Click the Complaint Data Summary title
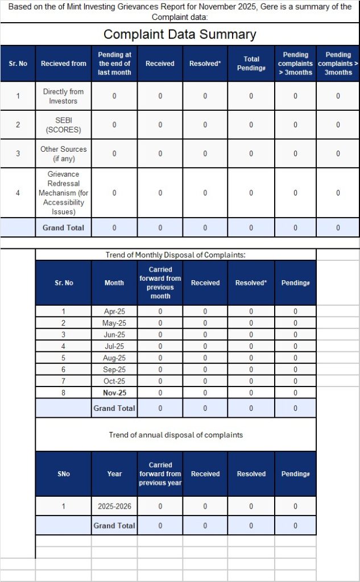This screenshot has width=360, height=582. (180, 34)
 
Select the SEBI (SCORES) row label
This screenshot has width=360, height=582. (64, 124)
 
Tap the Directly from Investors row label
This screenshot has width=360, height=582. (64, 96)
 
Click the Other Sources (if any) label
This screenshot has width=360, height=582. (64, 153)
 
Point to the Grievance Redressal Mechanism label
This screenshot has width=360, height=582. (64, 193)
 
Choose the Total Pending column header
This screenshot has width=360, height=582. (251, 63)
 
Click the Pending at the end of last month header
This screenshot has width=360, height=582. (114, 63)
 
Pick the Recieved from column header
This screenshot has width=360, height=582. (64, 63)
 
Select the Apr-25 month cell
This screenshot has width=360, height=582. (114, 311)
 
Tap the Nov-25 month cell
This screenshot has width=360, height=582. (114, 393)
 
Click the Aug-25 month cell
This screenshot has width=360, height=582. (114, 358)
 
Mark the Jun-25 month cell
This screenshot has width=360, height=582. (114, 335)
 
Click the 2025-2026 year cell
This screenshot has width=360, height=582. (114, 506)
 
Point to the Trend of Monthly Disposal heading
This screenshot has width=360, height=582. (176, 255)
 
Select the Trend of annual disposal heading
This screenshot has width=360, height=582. (176, 435)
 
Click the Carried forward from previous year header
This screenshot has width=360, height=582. (160, 473)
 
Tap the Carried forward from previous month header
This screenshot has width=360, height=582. (160, 282)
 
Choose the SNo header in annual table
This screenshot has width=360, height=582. (64, 473)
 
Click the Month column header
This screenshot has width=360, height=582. (114, 282)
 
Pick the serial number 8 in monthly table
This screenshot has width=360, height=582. (64, 393)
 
